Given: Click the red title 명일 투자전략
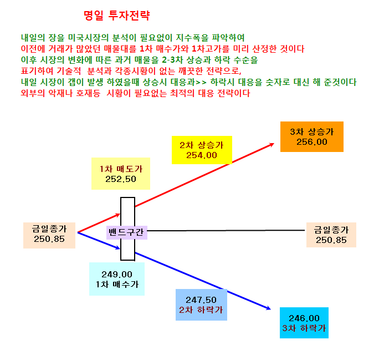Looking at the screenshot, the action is (x=117, y=16).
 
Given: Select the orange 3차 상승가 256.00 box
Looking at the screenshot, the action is (x=312, y=136).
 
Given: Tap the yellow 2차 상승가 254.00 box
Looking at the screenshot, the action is (x=202, y=150).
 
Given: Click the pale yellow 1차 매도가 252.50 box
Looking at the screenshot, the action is (x=121, y=174).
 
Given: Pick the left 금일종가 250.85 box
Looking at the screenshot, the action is (x=49, y=235).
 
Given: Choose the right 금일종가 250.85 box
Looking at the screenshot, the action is (x=331, y=235).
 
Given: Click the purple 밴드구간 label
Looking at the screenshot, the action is (x=127, y=232).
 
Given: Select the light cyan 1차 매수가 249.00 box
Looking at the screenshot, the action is (x=117, y=279).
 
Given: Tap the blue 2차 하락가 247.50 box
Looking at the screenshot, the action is (x=201, y=305).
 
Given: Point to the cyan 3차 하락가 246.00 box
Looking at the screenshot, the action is (x=304, y=323).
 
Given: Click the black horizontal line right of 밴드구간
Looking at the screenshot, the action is (x=226, y=231).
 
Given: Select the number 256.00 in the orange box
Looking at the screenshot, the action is (x=312, y=142).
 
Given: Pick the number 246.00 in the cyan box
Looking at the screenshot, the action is (x=304, y=318).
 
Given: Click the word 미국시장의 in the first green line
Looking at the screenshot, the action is (x=88, y=38).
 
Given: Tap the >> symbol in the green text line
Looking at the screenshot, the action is (x=201, y=82).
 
